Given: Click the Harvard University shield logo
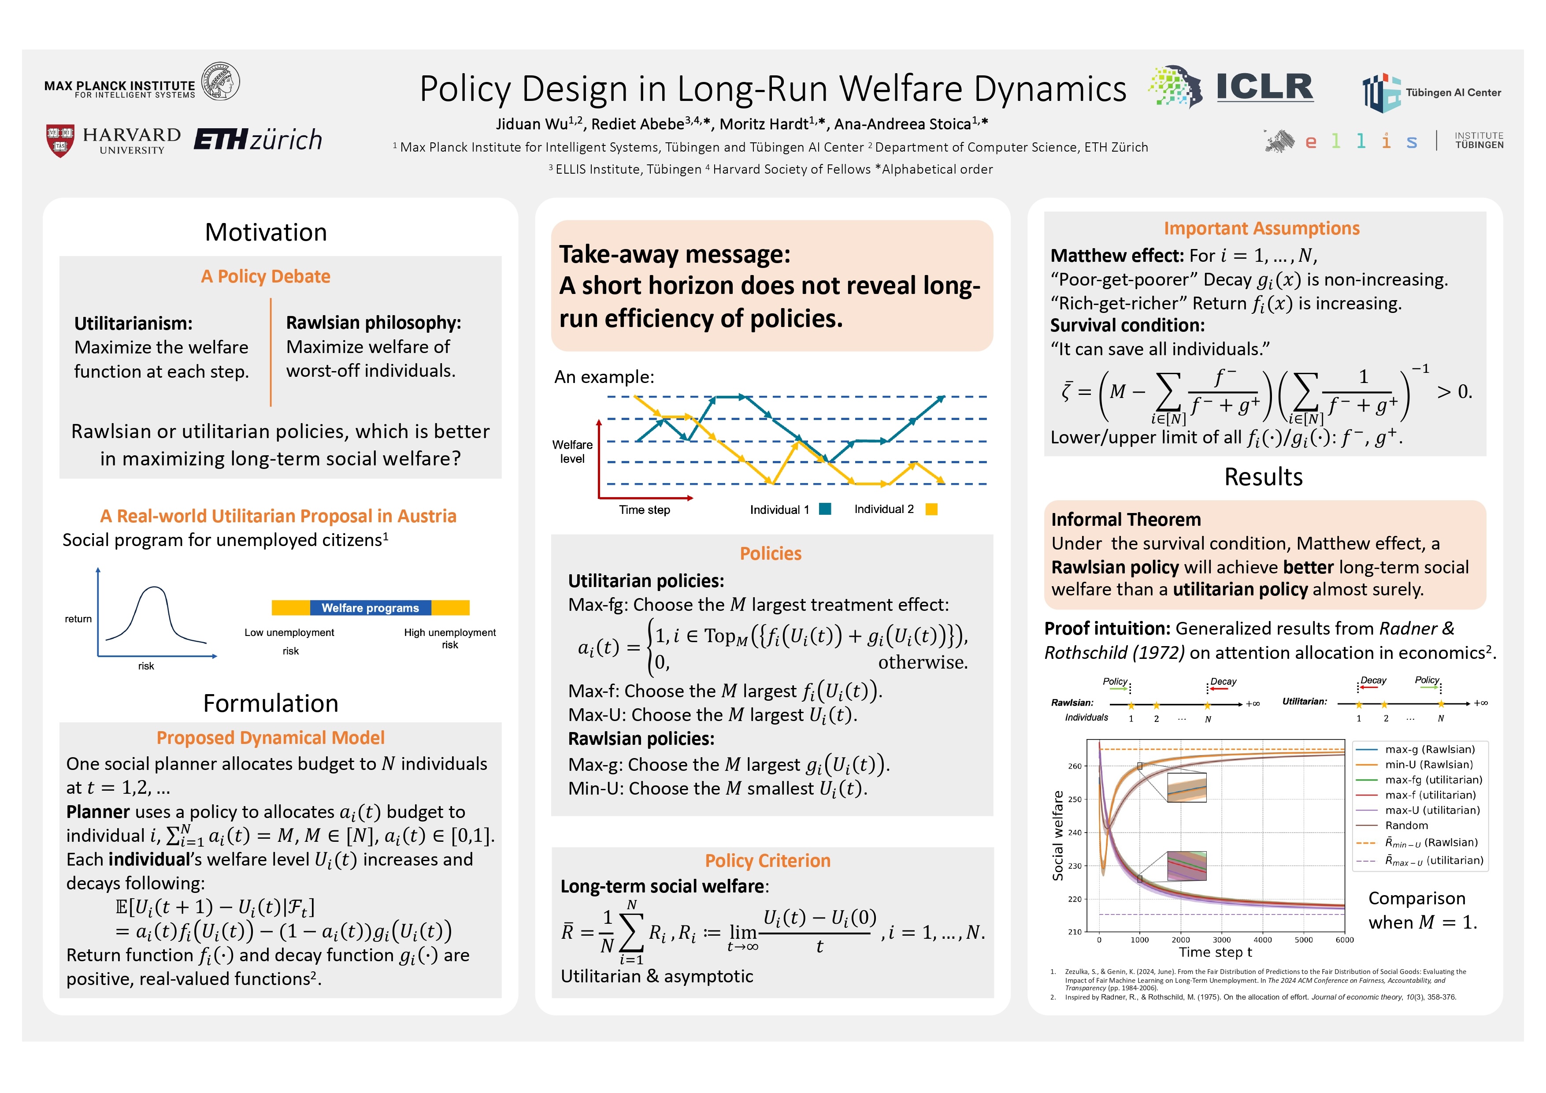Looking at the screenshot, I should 60,140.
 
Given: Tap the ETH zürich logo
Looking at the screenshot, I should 258,139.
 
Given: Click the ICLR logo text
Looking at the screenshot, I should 1264,88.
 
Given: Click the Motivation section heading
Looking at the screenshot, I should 266,232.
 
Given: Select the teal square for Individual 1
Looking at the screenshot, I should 825,509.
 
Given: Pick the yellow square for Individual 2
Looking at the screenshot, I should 931,509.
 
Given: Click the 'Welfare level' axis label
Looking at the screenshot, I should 572,452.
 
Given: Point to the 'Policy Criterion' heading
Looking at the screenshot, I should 767,861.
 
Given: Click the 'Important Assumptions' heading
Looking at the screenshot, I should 1261,229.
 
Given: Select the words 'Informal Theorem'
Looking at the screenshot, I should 1126,520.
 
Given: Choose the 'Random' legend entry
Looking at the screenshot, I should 1406,825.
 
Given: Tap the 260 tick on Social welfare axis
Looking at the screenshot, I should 1075,766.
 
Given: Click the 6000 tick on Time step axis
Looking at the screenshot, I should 1344,940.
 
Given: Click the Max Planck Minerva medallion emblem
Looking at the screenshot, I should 221,82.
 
